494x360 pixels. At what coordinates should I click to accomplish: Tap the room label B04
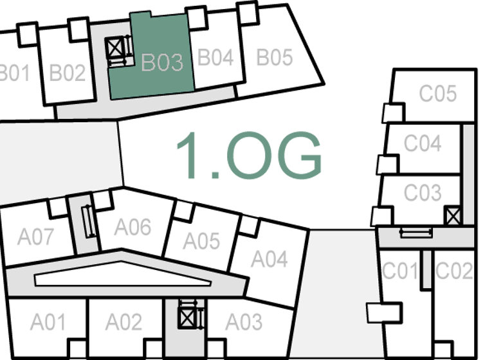(215, 57)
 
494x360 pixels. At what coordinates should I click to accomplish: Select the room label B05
(275, 57)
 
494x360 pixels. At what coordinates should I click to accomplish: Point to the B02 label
(68, 73)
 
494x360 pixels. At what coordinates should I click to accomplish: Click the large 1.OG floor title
(248, 156)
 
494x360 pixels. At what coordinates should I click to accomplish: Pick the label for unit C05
(438, 94)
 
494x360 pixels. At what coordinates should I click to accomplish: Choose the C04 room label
(423, 143)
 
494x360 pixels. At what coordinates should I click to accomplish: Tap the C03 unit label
(423, 192)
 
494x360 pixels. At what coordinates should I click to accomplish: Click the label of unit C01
(400, 271)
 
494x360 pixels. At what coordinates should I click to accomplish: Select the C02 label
(454, 271)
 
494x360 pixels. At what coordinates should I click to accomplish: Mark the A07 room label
(35, 237)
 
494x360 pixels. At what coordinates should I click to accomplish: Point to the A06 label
(133, 226)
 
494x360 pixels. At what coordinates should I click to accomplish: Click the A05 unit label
(201, 241)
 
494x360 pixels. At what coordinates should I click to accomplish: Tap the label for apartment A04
(269, 259)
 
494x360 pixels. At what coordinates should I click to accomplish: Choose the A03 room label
(244, 321)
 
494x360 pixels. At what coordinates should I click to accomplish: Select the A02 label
(123, 321)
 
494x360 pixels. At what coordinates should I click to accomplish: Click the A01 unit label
(48, 321)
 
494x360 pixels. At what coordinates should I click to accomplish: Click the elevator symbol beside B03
(116, 48)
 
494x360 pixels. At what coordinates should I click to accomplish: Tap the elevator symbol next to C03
(453, 215)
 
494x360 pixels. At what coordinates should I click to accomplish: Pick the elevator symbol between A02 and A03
(187, 317)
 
